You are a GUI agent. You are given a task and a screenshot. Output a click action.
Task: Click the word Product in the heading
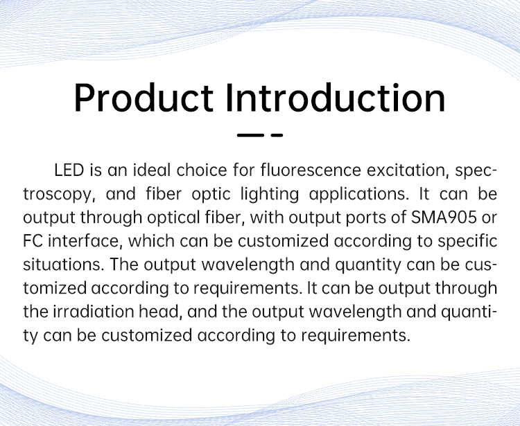point(144,98)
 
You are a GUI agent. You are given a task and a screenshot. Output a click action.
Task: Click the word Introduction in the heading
point(336,98)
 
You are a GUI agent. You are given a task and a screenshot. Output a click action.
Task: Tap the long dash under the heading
point(250,135)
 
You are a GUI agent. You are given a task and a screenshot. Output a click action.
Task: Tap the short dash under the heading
point(277,135)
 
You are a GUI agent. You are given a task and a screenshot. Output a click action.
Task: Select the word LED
point(69,170)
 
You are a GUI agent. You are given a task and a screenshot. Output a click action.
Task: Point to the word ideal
point(152,170)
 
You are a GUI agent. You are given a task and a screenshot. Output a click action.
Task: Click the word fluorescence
point(311,170)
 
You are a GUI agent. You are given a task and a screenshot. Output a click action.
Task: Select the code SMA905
point(444,218)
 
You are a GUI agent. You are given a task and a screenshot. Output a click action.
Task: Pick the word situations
point(64,265)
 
